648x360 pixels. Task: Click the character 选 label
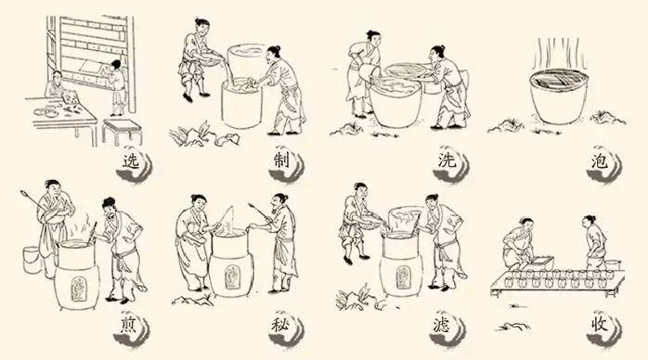131,161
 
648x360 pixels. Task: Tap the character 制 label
281,161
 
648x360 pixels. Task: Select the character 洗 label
447,161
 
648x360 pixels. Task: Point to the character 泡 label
599,161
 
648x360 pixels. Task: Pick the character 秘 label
280,326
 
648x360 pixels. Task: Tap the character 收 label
599,325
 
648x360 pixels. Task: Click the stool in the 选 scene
122,131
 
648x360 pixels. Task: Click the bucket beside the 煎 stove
32,259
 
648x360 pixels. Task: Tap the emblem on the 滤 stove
401,277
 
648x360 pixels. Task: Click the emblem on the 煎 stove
77,289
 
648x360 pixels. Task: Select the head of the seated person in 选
57,76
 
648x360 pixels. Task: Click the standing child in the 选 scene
117,87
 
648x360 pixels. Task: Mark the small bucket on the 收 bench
613,264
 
